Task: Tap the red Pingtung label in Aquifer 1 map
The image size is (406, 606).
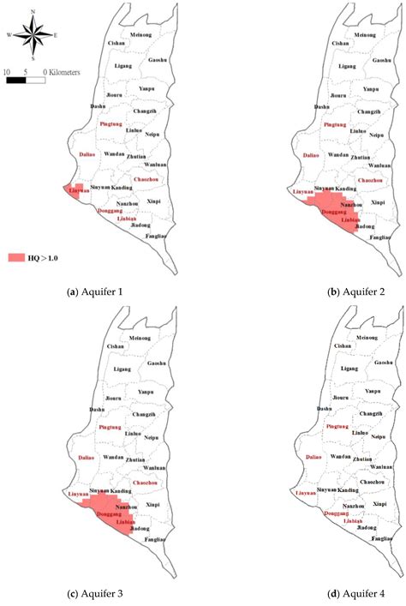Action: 110,124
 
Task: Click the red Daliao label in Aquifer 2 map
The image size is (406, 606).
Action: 312,155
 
